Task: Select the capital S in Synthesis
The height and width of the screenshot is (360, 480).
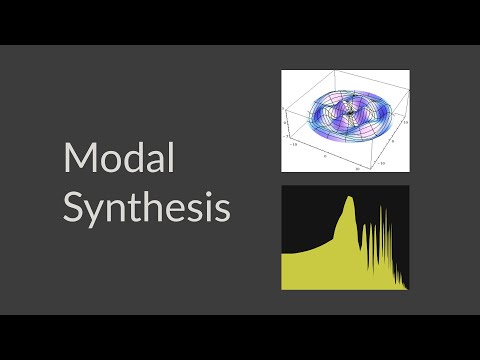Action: [x=73, y=207]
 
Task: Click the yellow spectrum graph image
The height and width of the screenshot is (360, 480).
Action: [x=346, y=238]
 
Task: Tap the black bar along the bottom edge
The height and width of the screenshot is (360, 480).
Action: [x=240, y=337]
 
